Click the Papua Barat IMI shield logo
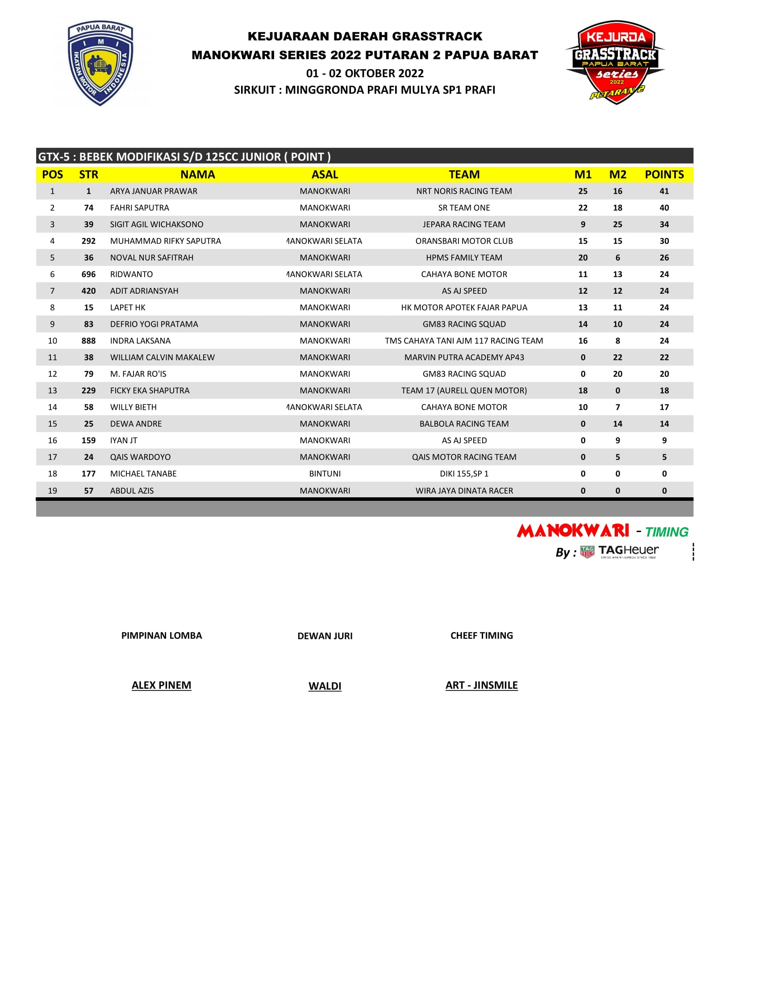click(100, 63)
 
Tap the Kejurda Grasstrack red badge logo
click(615, 62)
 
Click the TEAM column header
click(464, 175)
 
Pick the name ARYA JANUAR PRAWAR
click(153, 191)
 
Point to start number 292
click(88, 241)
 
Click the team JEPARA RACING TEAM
click(464, 225)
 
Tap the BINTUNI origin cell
click(325, 474)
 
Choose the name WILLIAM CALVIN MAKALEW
click(163, 358)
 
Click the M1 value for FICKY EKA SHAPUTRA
click(583, 391)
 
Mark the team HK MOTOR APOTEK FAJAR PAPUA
click(464, 308)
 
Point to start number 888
click(88, 341)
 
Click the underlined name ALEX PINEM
click(162, 685)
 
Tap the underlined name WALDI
click(325, 686)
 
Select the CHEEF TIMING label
click(482, 635)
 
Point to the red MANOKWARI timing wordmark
click(573, 531)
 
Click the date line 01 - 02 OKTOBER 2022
click(365, 73)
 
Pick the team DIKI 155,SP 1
click(464, 474)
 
